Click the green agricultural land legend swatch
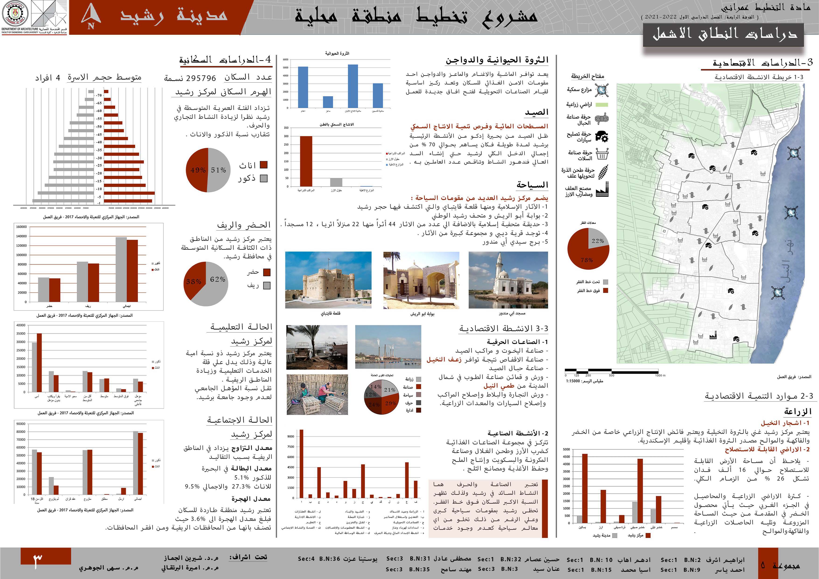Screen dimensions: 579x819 pos(602,105)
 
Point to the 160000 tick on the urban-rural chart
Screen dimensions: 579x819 pos(21,227)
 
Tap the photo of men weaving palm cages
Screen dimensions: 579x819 pos(317,395)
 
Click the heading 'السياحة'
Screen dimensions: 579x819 pos(532,185)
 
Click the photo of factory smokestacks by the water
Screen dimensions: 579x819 pos(388,347)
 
